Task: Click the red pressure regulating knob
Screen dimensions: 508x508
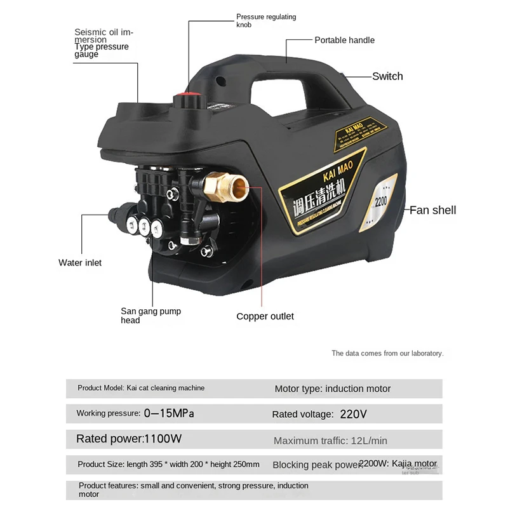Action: (x=189, y=99)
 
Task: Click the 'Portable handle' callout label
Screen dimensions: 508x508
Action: (x=344, y=40)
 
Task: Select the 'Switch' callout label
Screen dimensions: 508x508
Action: (x=387, y=76)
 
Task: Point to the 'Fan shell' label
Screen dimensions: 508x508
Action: (x=432, y=210)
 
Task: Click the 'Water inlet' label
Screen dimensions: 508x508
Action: (x=80, y=262)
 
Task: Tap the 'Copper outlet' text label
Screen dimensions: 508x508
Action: (x=265, y=316)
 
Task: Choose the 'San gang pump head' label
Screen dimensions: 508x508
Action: (x=150, y=316)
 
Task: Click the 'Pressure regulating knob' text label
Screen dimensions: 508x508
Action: (x=266, y=21)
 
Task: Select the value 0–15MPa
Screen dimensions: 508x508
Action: (x=169, y=413)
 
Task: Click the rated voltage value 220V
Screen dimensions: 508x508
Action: (x=354, y=414)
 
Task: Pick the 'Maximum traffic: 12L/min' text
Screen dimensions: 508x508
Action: (x=330, y=441)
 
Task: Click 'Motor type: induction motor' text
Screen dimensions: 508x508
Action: (x=333, y=389)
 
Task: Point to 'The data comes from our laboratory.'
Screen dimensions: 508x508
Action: (x=387, y=353)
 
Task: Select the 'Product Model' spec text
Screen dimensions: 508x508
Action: (x=141, y=388)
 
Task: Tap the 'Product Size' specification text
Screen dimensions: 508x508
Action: (x=168, y=464)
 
